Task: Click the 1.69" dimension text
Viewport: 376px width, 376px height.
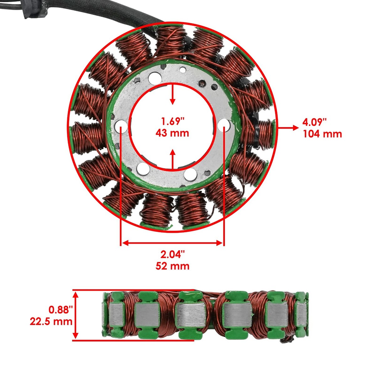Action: tap(172, 121)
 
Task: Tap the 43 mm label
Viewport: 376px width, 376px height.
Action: tap(172, 133)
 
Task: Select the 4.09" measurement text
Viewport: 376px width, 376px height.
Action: tap(315, 121)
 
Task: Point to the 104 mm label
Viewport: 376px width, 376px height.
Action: tap(322, 134)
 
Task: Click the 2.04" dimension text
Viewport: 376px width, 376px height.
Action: tap(172, 254)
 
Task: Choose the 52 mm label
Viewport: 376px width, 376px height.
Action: tap(172, 266)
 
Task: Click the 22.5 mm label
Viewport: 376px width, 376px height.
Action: tap(51, 321)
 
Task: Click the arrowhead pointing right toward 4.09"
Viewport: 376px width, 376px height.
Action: tap(295, 127)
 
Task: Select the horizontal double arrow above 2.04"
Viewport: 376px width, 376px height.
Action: tap(172, 243)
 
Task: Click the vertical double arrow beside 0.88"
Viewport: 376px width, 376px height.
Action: tap(76, 315)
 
